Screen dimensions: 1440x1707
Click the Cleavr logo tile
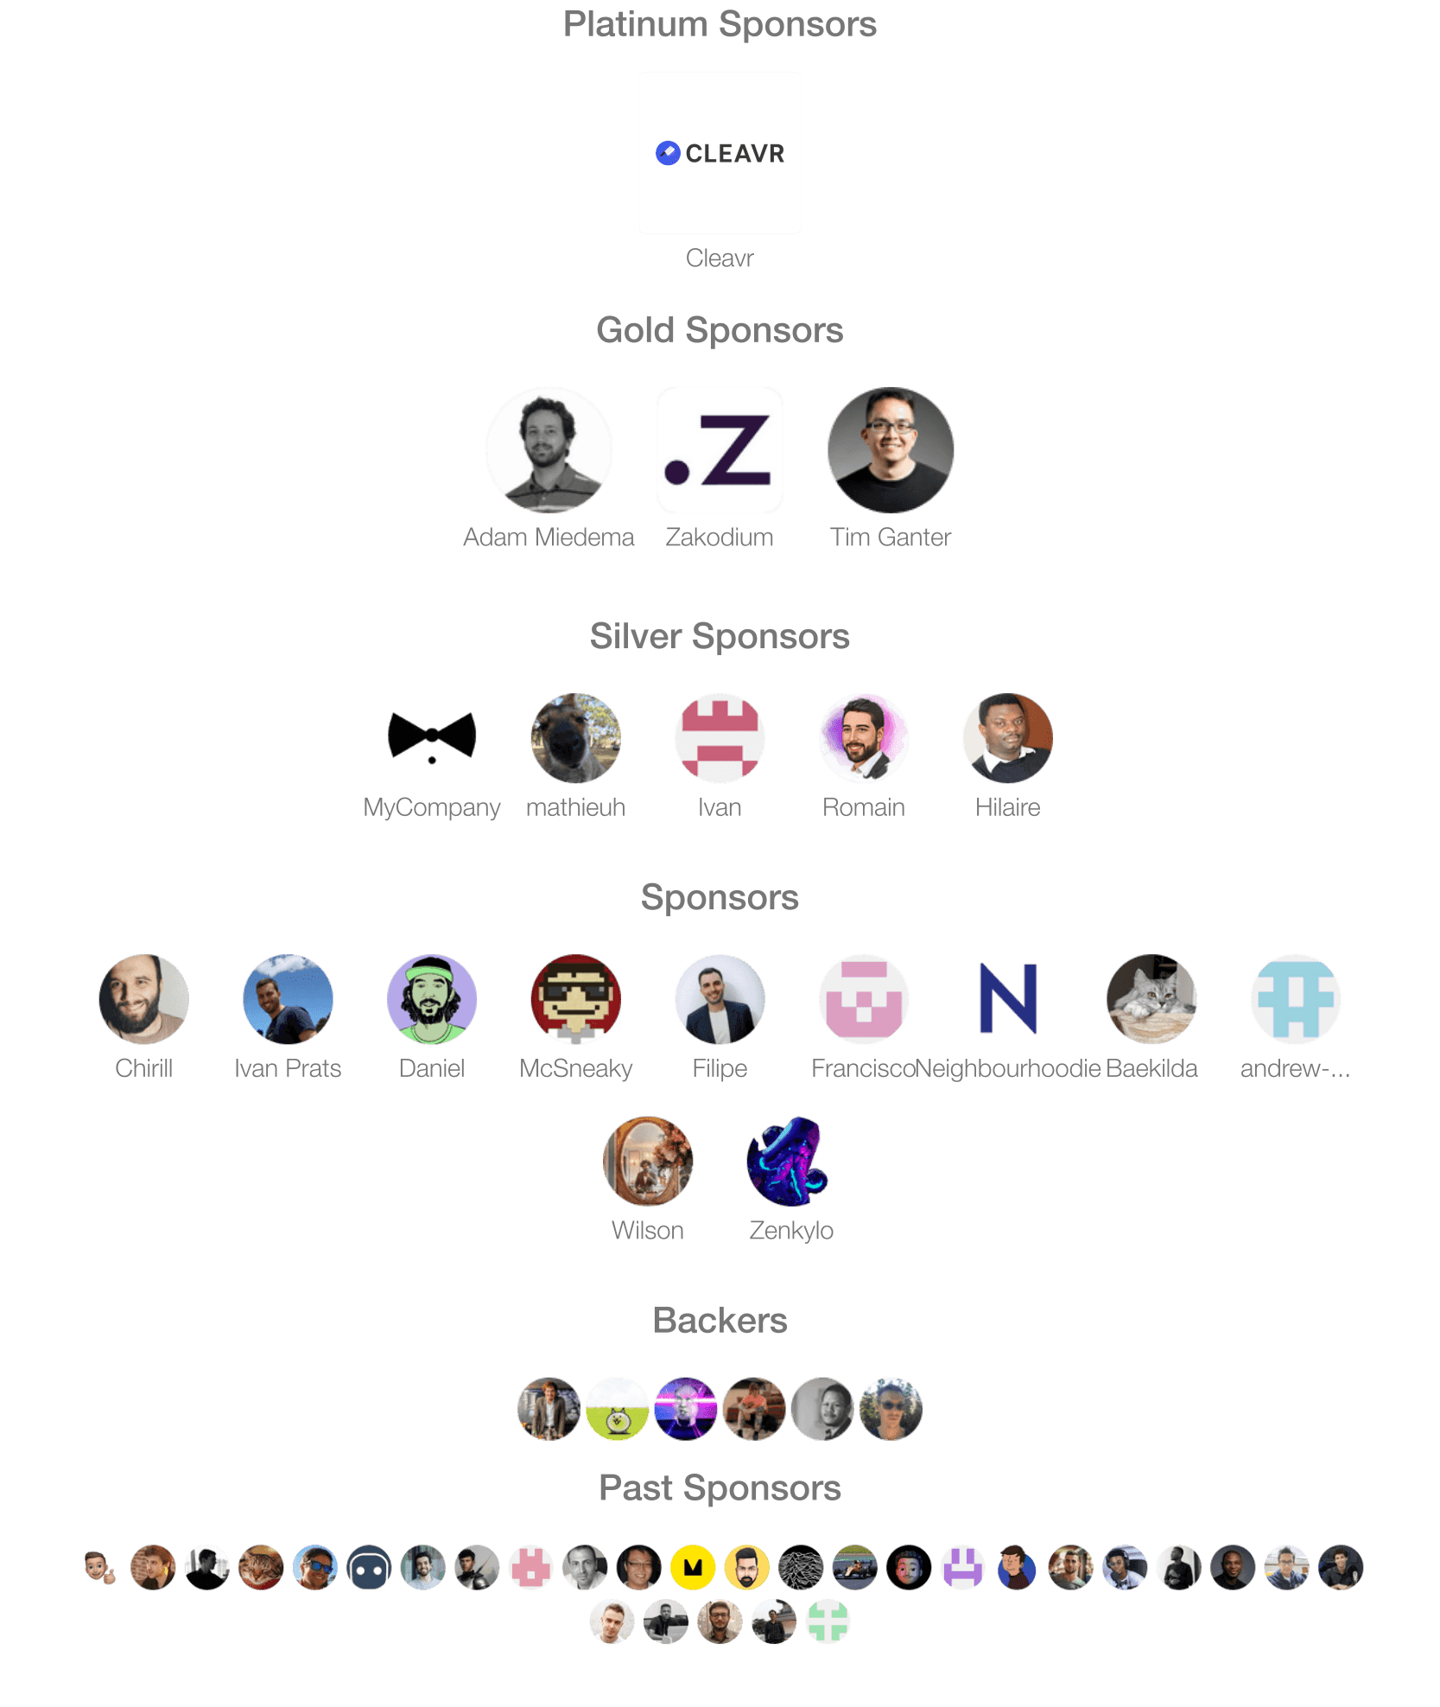pos(720,153)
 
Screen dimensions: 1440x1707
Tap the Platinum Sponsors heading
pos(720,24)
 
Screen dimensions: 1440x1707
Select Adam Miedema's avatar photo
pos(549,449)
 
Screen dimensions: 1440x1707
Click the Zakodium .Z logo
pos(720,449)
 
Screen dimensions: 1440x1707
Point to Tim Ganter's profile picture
pos(891,449)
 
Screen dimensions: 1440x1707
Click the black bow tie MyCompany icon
pos(432,737)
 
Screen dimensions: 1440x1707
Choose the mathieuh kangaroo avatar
pos(575,738)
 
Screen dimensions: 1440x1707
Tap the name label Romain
pos(863,807)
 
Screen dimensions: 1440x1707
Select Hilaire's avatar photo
pos(1007,738)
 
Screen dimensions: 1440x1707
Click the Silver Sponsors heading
pos(720,636)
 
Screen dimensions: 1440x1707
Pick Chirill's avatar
pos(143,999)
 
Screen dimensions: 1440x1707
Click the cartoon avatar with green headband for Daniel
pos(432,999)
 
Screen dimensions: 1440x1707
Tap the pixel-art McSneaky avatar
pos(575,999)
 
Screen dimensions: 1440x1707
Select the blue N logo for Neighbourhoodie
pos(1007,999)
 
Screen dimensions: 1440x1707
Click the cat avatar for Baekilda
pos(1151,999)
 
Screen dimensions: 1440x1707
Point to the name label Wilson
pos(648,1230)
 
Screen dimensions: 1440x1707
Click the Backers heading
pos(720,1321)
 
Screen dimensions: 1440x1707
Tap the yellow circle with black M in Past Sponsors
pos(693,1567)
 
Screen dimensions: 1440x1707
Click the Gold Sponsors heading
pos(720,330)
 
